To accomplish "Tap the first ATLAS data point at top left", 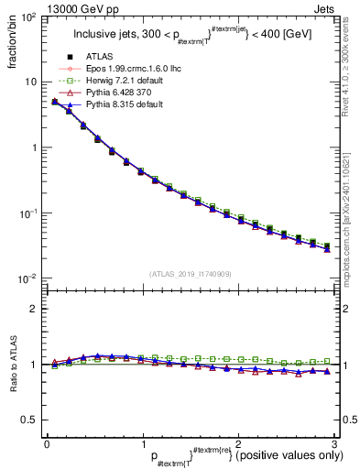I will pyautogui.click(x=54, y=102).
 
